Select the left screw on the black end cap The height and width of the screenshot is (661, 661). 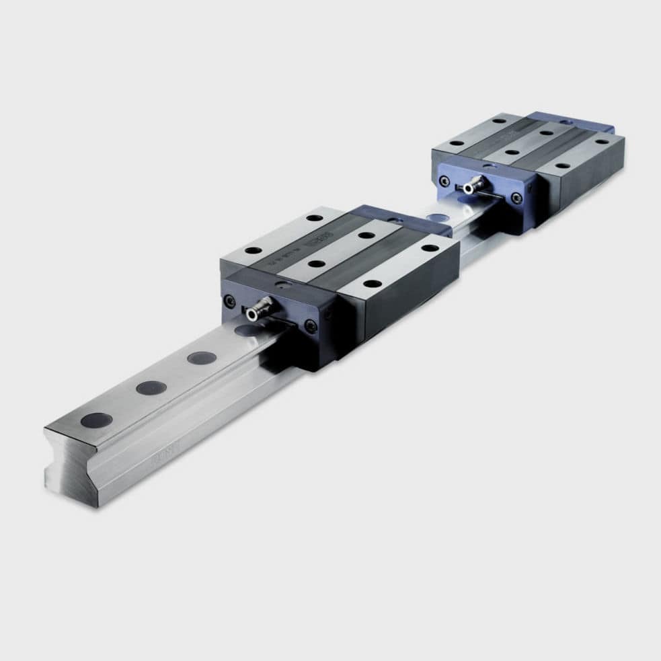tap(230, 301)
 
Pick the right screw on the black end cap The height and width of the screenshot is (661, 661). tap(310, 326)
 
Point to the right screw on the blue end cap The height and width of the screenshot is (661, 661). tap(516, 198)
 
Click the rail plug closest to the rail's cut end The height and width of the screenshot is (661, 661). tap(96, 421)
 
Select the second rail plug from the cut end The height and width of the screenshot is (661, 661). tap(151, 388)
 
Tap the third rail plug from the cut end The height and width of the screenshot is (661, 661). tap(201, 358)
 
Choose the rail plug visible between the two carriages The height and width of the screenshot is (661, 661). tap(436, 218)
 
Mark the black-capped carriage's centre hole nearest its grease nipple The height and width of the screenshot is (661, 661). tap(316, 264)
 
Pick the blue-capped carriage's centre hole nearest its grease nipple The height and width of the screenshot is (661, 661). tap(512, 152)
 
